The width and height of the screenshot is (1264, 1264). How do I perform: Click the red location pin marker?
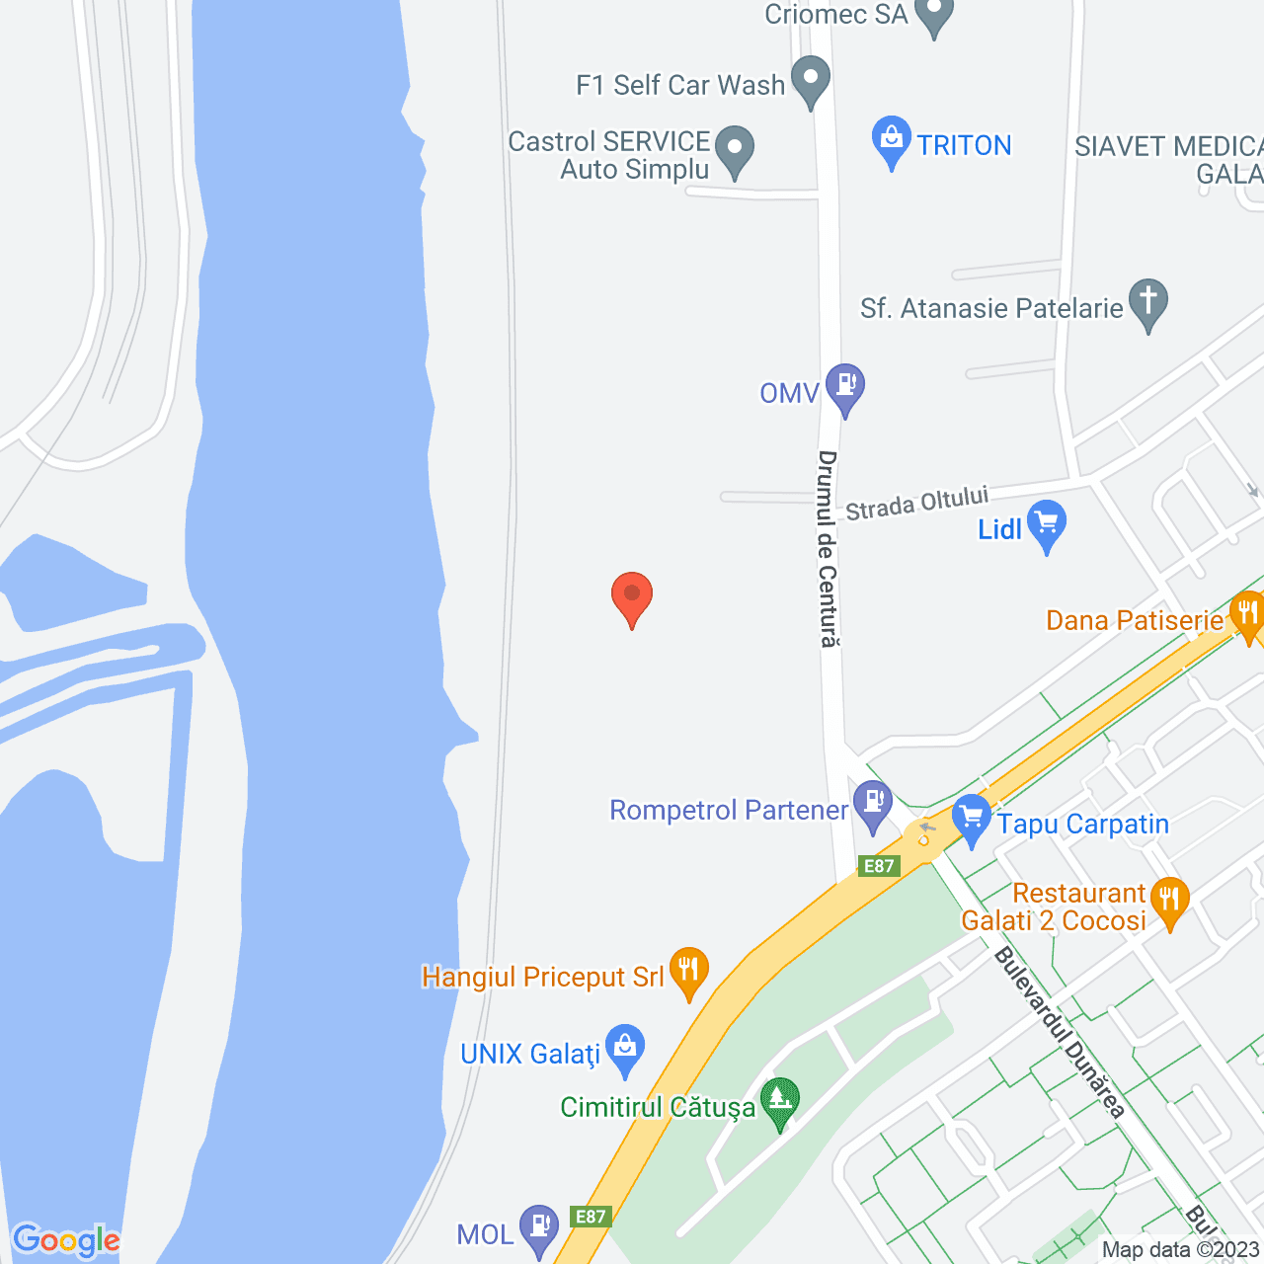click(x=632, y=596)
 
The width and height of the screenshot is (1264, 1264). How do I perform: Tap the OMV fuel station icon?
click(x=845, y=386)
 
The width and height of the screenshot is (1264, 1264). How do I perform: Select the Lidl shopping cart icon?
click(x=1047, y=523)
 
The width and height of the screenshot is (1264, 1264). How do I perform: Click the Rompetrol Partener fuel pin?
click(x=873, y=802)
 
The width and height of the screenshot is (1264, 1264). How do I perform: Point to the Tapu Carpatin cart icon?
click(x=973, y=819)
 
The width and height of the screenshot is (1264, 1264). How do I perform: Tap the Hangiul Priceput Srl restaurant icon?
click(x=688, y=970)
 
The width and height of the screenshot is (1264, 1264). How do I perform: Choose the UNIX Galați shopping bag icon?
click(x=625, y=1048)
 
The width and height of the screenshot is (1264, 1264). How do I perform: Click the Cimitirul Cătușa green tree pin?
click(x=780, y=1100)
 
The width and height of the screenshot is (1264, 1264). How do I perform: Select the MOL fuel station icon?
click(x=539, y=1228)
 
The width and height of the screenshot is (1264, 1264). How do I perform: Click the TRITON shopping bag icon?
click(x=892, y=140)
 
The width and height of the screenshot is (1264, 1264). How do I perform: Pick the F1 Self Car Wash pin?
click(x=812, y=80)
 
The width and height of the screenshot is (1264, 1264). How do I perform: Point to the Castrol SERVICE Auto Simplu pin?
click(x=734, y=150)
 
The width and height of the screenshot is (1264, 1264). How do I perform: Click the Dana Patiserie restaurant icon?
click(x=1248, y=614)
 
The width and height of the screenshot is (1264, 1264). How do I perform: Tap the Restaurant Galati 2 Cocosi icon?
click(x=1169, y=901)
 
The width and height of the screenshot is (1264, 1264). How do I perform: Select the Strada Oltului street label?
click(x=916, y=503)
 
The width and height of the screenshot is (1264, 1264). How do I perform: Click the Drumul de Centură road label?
click(x=828, y=549)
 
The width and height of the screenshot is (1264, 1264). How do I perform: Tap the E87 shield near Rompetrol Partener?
click(x=879, y=866)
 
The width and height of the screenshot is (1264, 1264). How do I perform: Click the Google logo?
click(x=66, y=1240)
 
